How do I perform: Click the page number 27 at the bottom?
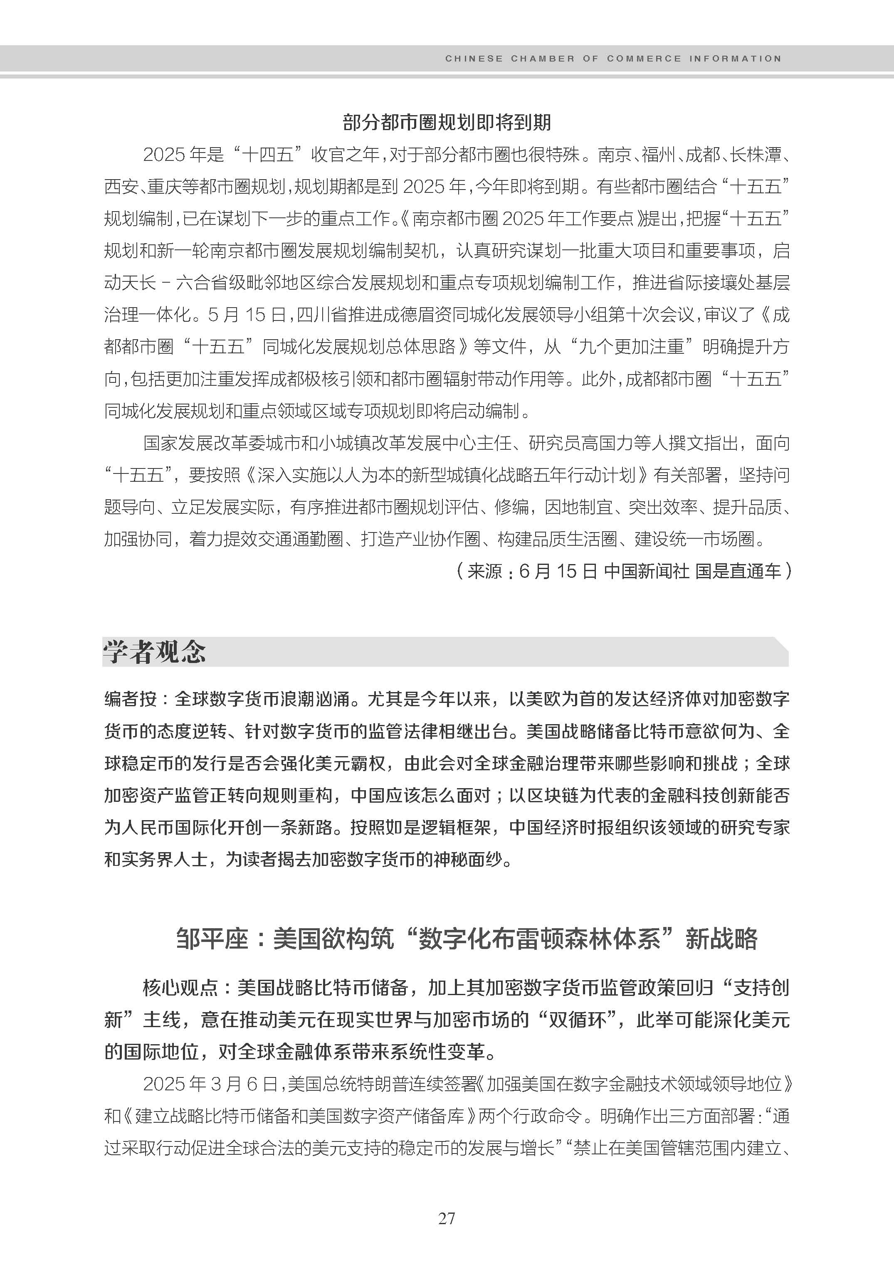point(447,1218)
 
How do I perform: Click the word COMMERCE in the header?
point(644,58)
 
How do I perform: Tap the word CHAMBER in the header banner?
point(543,58)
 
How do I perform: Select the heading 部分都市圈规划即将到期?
point(447,122)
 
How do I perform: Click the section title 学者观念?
point(155,652)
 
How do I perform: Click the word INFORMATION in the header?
point(734,58)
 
